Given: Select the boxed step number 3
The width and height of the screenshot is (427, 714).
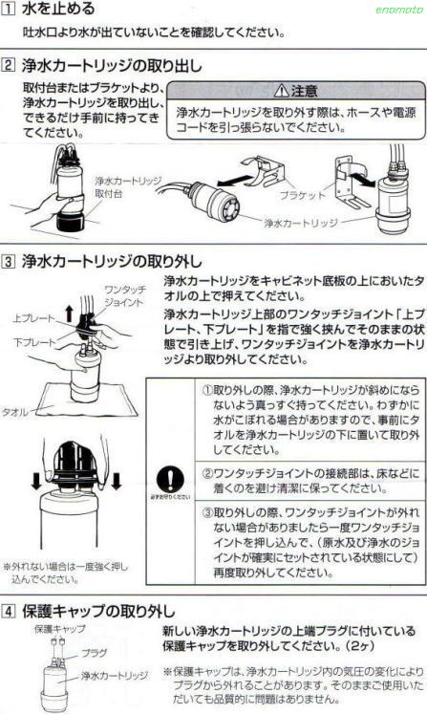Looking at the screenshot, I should (10, 259).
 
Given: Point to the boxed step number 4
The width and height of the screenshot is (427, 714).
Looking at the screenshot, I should (10, 609).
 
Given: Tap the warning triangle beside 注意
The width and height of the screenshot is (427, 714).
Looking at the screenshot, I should (279, 92).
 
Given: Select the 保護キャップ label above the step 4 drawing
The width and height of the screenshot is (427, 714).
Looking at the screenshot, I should (60, 629).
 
